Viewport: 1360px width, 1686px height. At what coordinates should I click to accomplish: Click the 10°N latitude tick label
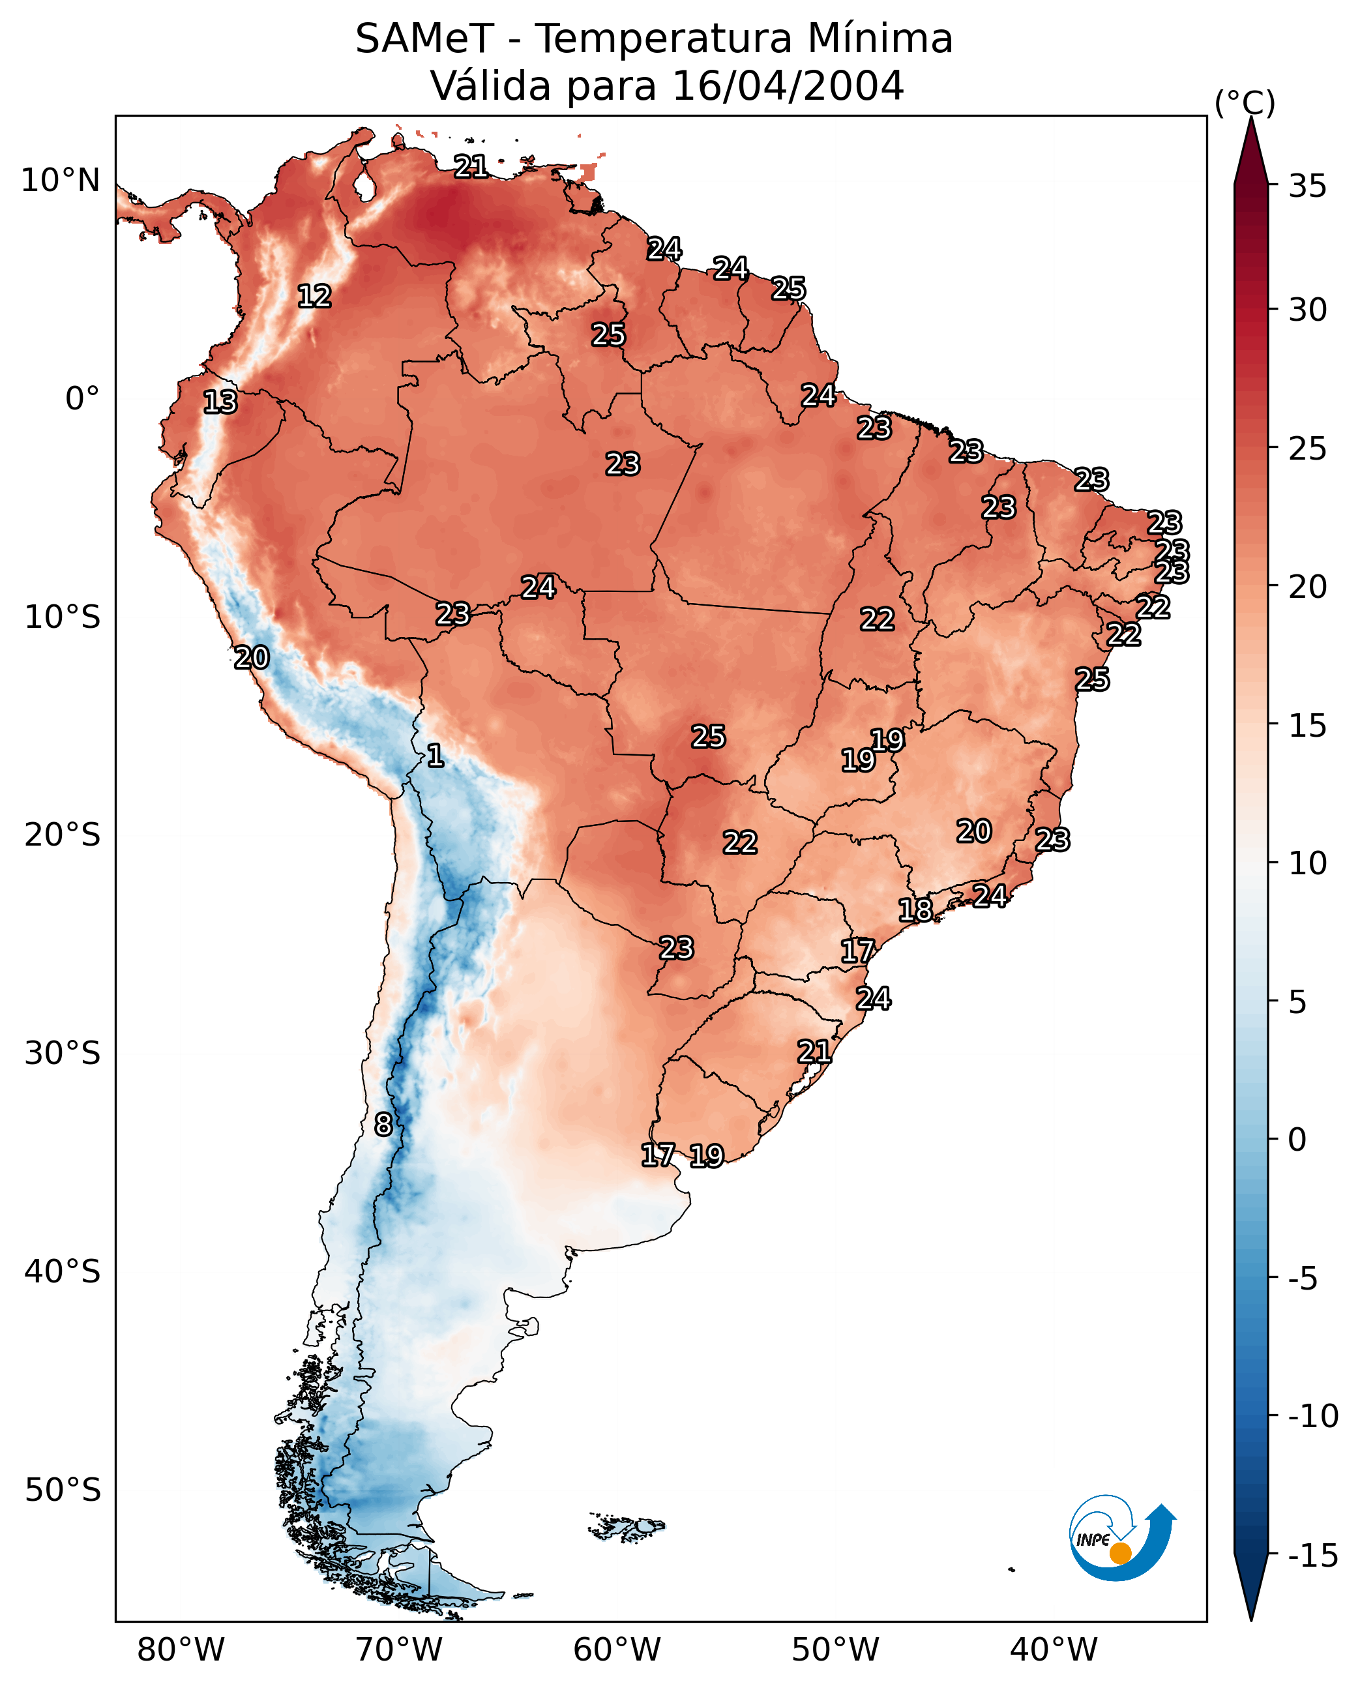click(61, 181)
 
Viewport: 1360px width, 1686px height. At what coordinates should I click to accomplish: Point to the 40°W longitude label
click(1053, 1649)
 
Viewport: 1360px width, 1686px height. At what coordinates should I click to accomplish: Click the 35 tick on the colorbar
click(1307, 186)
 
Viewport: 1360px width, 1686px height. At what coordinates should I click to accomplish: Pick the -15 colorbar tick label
click(1313, 1556)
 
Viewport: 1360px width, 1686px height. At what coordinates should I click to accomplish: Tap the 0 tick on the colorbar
click(1297, 1140)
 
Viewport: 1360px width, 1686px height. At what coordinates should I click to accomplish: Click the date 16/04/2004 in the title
click(788, 85)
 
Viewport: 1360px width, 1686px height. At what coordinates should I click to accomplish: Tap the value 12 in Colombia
click(314, 296)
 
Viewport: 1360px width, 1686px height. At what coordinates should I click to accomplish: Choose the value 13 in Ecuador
click(220, 402)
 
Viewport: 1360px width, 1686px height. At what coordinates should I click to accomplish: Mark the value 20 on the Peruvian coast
click(252, 657)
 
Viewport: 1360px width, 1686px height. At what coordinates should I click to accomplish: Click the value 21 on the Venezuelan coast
click(471, 166)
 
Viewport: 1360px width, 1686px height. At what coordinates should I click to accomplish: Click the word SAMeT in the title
click(424, 38)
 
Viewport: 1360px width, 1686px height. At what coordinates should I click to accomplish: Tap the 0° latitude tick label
click(82, 399)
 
